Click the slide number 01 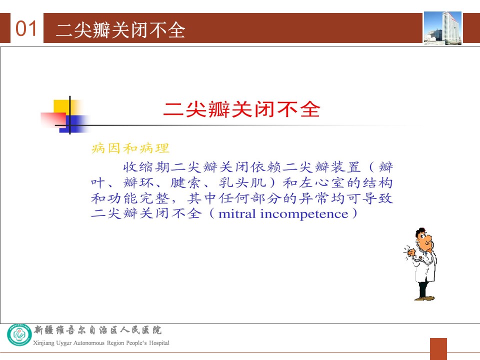(26, 28)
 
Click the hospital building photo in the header (442, 28)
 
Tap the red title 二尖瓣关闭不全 (242, 109)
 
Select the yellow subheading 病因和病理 (130, 148)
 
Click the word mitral (237, 213)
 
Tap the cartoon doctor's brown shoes (424, 298)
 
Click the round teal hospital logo (19, 334)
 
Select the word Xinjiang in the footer (43, 343)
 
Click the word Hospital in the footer (159, 342)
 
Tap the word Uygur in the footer (63, 343)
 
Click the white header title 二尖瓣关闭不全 (120, 29)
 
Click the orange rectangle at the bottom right (438, 349)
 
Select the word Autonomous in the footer (89, 343)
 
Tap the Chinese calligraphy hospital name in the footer (97, 330)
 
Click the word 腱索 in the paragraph (185, 183)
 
